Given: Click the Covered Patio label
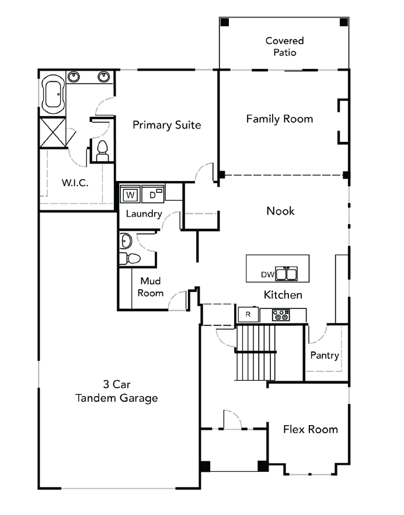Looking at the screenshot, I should [284, 47].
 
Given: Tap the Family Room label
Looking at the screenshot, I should [279, 119].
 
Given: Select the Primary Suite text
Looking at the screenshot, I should [166, 125].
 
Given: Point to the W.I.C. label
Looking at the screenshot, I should [75, 183].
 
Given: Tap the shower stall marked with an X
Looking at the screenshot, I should [53, 132].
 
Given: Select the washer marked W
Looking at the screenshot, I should [130, 194].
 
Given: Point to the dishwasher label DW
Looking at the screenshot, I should [267, 274].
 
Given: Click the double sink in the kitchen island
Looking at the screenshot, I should [286, 274].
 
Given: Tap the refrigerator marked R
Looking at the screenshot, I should [248, 315].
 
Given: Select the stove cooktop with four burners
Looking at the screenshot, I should [281, 315].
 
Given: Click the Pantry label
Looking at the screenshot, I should [325, 355].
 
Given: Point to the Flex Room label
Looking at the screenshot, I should [310, 430].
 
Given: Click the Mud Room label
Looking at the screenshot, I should [151, 287].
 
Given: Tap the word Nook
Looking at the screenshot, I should [280, 211].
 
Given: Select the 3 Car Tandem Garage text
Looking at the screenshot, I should [116, 392].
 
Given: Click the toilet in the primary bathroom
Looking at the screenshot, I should [103, 151].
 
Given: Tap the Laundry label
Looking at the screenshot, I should [144, 214].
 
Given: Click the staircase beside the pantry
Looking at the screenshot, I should [255, 352].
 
